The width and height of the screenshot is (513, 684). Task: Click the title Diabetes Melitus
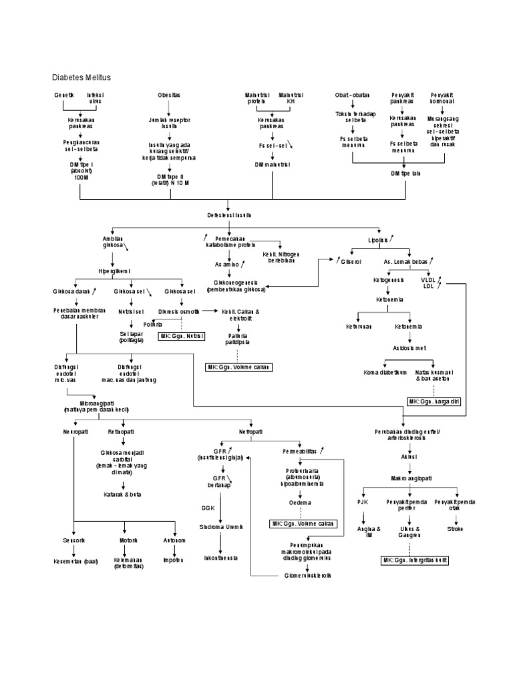point(81,77)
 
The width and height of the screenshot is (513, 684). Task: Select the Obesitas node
point(168,95)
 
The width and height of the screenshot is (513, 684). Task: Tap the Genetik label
point(64,95)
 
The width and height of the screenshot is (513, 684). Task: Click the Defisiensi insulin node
point(229,214)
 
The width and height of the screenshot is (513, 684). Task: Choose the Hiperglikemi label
point(114,271)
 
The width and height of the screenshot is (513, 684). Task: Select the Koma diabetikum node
point(384,371)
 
